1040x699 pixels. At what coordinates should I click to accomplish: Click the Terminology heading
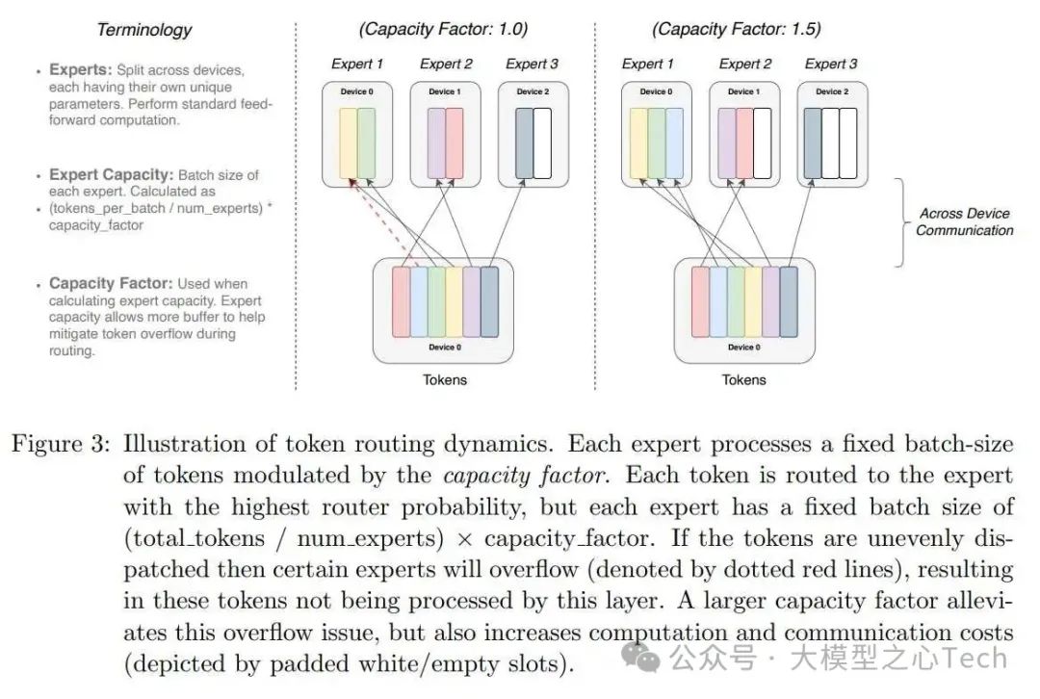coord(144,30)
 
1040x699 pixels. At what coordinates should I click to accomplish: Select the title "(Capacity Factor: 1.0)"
coord(444,29)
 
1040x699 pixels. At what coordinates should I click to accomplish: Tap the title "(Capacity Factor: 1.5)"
coord(737,29)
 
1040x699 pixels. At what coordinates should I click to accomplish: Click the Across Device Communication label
coord(964,221)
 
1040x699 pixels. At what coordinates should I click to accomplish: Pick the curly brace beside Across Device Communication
coord(900,221)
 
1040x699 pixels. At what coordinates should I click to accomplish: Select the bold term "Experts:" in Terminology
coord(80,71)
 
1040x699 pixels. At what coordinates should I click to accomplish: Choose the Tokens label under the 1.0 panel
coord(444,379)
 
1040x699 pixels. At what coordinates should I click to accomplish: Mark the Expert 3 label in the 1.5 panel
coord(830,64)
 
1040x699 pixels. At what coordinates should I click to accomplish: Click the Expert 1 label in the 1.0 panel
coord(358,64)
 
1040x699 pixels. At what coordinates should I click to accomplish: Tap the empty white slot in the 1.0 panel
coord(542,142)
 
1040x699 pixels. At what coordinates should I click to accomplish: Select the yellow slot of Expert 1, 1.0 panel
coord(347,142)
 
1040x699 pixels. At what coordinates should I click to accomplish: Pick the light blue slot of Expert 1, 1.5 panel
coord(674,142)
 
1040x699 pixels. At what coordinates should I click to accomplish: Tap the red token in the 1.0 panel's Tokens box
coord(401,301)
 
